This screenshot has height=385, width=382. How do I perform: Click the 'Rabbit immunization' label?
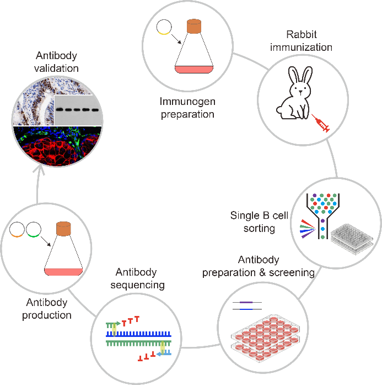tap(302, 40)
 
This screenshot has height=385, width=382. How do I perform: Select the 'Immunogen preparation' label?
tap(187, 108)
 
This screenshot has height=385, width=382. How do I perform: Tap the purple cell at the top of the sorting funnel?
tap(314, 195)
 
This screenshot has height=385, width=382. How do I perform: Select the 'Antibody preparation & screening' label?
tap(259, 266)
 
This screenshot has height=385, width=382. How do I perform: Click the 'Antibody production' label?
tap(47, 309)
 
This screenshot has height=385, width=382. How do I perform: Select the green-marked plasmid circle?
tap(34, 229)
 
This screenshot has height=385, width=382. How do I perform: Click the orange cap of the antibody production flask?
tap(64, 228)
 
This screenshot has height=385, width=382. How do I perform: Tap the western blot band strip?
tap(78, 109)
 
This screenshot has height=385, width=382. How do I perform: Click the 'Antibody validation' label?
tap(57, 62)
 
